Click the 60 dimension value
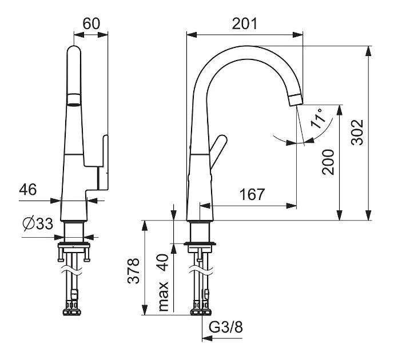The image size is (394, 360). pyautogui.click(x=91, y=24)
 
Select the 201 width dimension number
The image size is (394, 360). pyautogui.click(x=245, y=24)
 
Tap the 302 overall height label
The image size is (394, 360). pyautogui.click(x=357, y=133)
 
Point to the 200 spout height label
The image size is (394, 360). pyautogui.click(x=328, y=162)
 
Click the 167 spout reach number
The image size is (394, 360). pyautogui.click(x=252, y=194)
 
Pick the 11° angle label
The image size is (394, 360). pyautogui.click(x=317, y=118)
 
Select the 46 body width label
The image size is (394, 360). pyautogui.click(x=28, y=189)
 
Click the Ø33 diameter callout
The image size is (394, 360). pyautogui.click(x=38, y=223)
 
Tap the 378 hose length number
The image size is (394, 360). pyautogui.click(x=133, y=271)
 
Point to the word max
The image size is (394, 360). pyautogui.click(x=163, y=297)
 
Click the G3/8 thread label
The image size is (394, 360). pyautogui.click(x=226, y=327)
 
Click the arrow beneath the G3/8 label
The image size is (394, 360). pyautogui.click(x=222, y=338)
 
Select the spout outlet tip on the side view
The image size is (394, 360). pyautogui.click(x=296, y=99)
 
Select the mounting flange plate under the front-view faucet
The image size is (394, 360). pyautogui.click(x=200, y=243)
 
